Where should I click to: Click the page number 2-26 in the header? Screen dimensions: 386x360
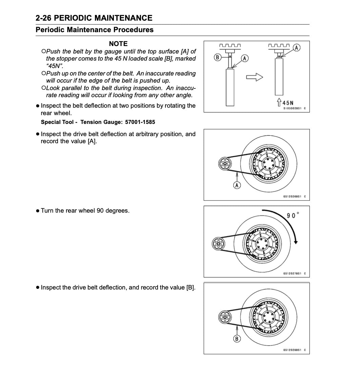(x=44, y=18)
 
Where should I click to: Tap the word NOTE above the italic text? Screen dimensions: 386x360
(x=118, y=44)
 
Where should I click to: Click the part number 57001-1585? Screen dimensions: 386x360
(x=140, y=122)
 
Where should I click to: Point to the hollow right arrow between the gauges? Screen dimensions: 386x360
(x=255, y=78)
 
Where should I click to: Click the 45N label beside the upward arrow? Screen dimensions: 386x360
(x=288, y=103)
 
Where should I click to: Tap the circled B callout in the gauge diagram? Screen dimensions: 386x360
(x=218, y=57)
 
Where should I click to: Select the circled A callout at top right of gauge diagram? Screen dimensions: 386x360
(x=296, y=47)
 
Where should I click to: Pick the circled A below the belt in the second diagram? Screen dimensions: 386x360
(x=237, y=185)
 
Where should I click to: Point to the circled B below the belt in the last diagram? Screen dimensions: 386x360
(x=237, y=338)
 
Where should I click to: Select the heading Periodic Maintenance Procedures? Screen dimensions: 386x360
(x=95, y=30)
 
